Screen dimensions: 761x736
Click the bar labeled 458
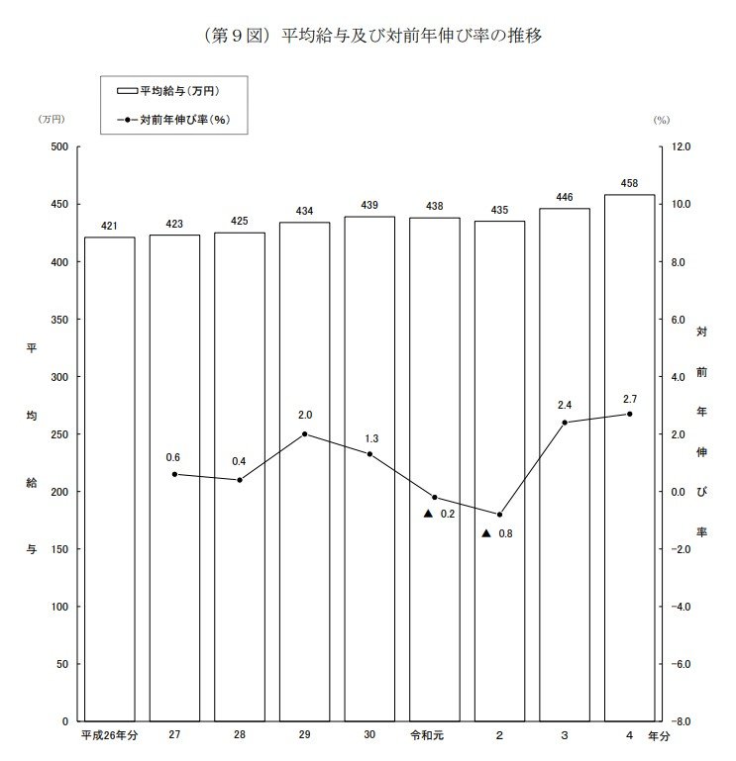[629, 457]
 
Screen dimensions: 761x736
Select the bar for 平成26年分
[109, 479]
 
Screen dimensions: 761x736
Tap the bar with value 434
[304, 471]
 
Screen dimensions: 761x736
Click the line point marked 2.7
[629, 414]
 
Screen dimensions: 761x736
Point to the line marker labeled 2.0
[304, 433]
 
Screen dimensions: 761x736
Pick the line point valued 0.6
[174, 474]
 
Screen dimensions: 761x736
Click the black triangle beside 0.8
[486, 533]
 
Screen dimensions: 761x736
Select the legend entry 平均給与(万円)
[167, 91]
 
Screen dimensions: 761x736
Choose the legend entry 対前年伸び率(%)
[167, 121]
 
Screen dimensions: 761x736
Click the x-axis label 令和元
[434, 736]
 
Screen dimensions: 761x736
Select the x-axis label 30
[368, 736]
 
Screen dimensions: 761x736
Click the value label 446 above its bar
[565, 198]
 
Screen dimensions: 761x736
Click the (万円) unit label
[52, 119]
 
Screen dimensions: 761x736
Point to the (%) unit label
[662, 119]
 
